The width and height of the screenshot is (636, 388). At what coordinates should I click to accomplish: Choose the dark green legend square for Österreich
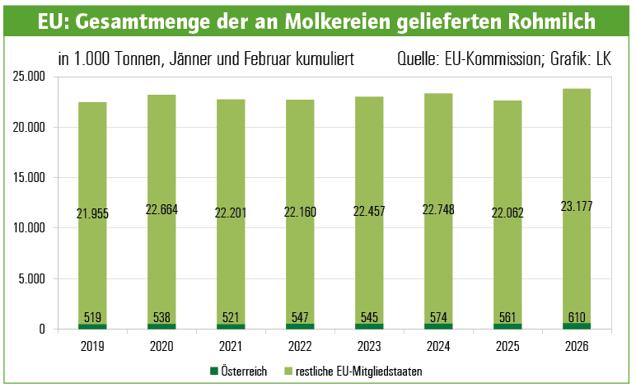(213, 372)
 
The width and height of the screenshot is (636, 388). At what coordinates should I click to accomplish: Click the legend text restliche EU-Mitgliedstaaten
(357, 372)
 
